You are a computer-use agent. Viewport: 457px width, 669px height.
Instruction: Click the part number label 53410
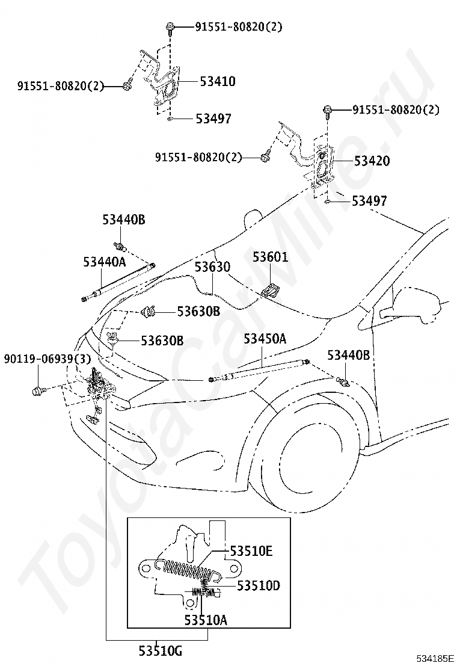[218, 81]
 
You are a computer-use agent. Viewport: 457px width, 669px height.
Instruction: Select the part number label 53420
[372, 161]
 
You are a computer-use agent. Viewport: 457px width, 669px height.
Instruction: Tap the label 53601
[270, 257]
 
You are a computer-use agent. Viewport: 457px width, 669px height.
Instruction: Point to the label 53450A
[265, 339]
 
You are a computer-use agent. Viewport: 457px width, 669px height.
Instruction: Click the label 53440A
[105, 262]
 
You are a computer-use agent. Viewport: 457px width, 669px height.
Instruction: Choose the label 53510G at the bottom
[161, 651]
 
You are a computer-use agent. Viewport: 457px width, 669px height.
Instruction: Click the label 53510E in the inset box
[251, 551]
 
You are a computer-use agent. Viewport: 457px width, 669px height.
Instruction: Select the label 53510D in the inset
[259, 585]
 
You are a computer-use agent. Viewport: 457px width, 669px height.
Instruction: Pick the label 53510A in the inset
[206, 620]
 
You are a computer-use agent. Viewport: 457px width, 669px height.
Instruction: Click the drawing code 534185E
[436, 659]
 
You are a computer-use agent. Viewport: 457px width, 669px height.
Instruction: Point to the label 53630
[212, 267]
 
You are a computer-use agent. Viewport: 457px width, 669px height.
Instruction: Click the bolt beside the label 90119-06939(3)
[37, 390]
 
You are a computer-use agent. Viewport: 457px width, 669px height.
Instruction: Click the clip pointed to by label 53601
[270, 291]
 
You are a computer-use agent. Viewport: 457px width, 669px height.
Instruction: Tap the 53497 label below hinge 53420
[369, 200]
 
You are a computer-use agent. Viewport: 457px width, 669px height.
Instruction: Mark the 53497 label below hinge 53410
[213, 118]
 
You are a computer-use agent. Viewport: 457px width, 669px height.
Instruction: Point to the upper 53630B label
[198, 311]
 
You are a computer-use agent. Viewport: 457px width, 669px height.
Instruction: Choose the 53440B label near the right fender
[349, 354]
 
